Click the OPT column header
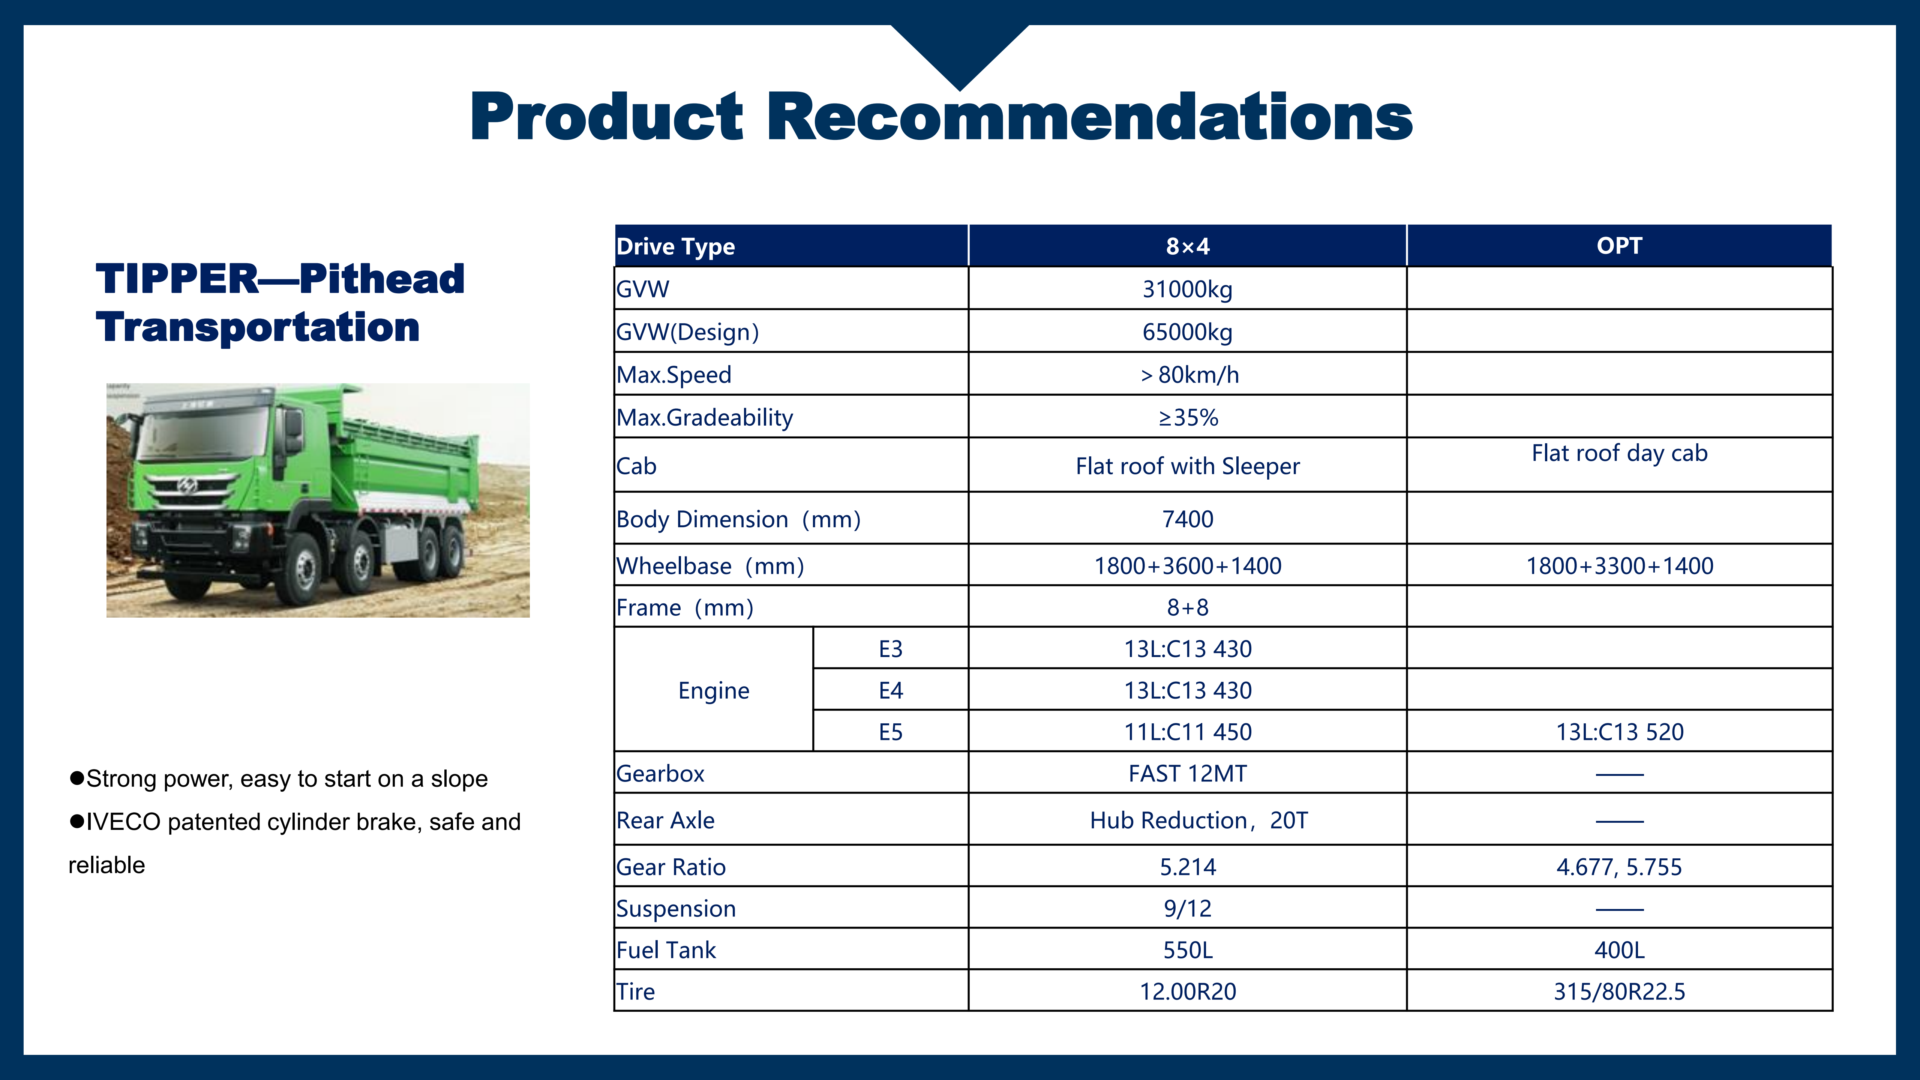(1619, 246)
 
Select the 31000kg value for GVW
(1187, 289)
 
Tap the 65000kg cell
(1187, 331)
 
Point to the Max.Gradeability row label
(704, 417)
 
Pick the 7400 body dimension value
(1187, 519)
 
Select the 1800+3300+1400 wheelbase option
(1619, 566)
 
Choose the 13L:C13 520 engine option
(1619, 732)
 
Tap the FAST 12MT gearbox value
(1187, 774)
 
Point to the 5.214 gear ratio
(1187, 867)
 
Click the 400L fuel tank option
(1619, 950)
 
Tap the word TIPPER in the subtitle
(177, 279)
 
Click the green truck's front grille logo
(187, 486)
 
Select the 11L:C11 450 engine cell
(1187, 732)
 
